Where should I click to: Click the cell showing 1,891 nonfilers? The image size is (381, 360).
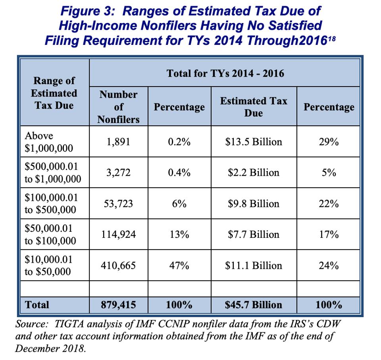coord(118,142)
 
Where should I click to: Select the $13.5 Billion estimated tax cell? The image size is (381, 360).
coord(254,142)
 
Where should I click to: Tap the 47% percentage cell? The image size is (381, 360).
coord(179,266)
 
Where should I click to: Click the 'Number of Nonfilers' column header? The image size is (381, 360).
coord(118,107)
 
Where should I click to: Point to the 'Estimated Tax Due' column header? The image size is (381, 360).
coord(254,107)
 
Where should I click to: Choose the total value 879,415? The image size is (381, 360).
coord(118,305)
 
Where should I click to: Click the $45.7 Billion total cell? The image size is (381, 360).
coord(254,305)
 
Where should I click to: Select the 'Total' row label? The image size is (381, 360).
coord(37,305)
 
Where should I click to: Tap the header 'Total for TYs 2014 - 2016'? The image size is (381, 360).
coord(225,73)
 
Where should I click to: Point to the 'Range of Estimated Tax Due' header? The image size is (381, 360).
coord(54,93)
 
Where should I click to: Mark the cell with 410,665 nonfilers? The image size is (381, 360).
coord(118,266)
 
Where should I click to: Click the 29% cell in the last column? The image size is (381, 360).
coord(329,142)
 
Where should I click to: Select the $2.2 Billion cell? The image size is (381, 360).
coord(254,173)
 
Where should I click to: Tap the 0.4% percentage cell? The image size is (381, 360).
coord(179,173)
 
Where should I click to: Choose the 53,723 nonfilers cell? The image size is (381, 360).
coord(118,204)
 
